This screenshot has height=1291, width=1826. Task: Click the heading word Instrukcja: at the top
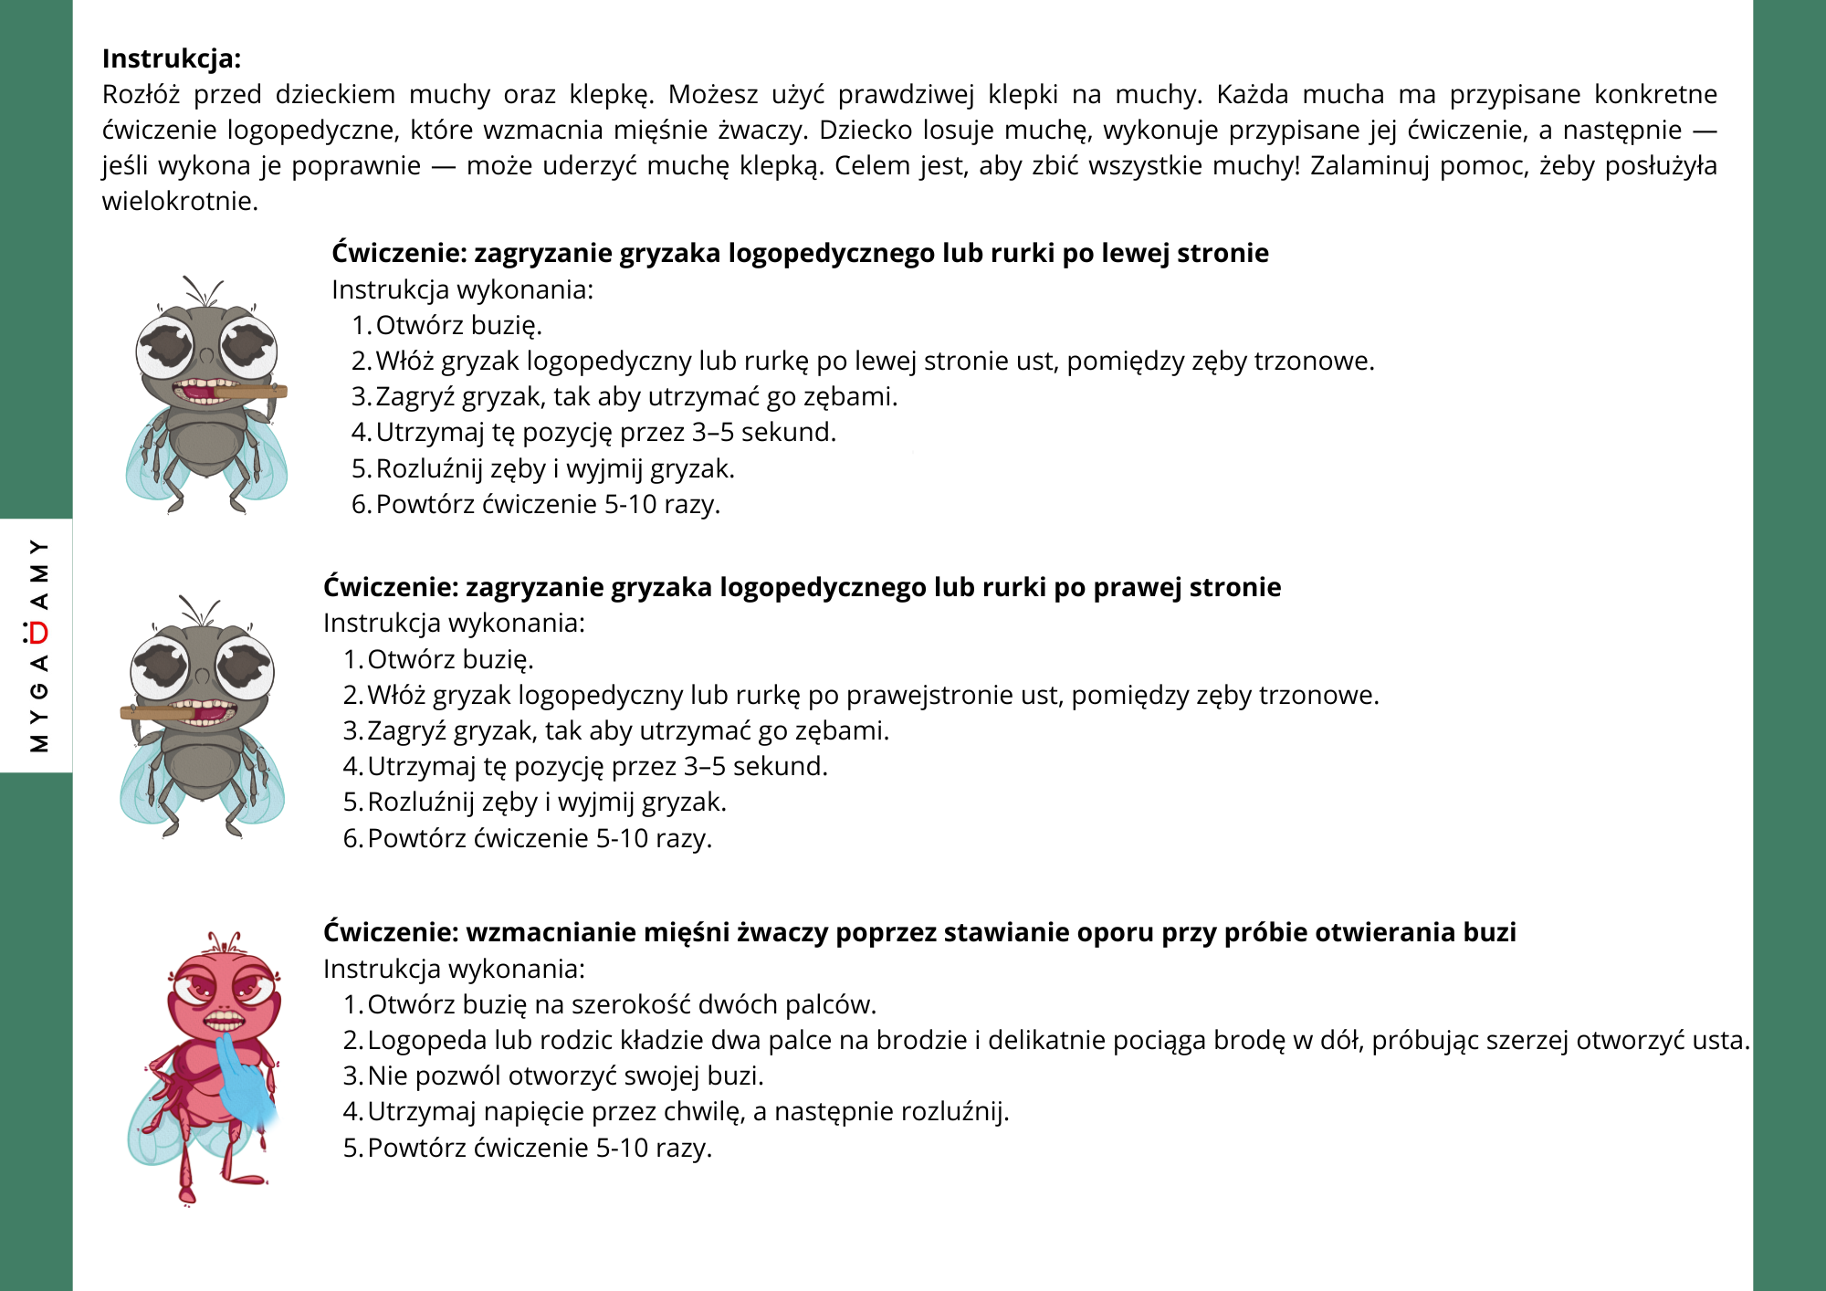(172, 58)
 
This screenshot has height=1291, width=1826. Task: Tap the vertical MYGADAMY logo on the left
(38, 645)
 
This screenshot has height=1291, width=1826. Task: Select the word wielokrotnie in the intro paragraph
(179, 201)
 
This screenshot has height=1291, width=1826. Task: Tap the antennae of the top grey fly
(203, 291)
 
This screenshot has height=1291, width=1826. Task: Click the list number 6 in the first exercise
(361, 505)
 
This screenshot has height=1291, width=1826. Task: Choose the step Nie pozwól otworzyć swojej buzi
(565, 1076)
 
